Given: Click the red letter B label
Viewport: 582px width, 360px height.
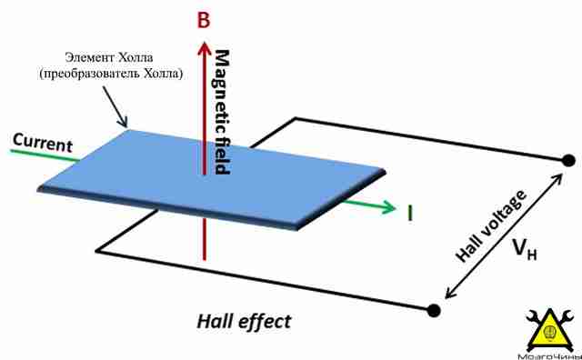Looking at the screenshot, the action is (204, 19).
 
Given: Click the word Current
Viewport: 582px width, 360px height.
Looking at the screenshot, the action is (43, 143).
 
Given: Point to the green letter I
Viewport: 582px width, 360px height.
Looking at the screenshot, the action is (410, 213).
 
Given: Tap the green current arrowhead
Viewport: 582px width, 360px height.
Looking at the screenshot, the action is (388, 206).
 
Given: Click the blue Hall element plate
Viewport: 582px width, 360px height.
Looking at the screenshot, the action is (212, 179).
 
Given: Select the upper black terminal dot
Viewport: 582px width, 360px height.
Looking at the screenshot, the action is (567, 161).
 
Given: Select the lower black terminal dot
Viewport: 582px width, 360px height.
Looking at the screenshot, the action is (434, 310).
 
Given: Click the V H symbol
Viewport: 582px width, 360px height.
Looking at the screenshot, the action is (525, 249).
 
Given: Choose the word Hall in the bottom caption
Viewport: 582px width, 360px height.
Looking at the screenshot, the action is (215, 321).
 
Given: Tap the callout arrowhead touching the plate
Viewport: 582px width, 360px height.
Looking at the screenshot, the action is (124, 123).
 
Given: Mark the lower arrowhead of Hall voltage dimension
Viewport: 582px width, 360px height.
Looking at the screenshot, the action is (450, 293).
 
